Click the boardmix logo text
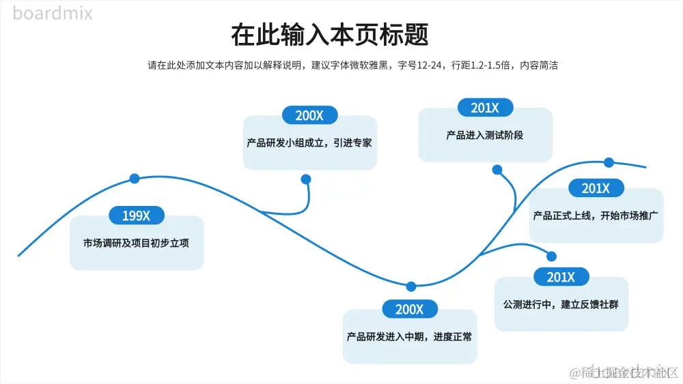53,13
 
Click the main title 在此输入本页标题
330,35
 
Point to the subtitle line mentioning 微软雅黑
353,65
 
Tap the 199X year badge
136,216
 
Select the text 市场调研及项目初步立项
136,243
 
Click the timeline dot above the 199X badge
135,179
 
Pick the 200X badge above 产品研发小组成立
309,115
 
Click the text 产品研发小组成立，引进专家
309,143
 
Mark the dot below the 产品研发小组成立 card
306,179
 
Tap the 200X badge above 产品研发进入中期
409,310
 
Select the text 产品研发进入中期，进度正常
409,336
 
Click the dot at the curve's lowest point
411,286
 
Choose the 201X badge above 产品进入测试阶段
485,108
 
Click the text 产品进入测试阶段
485,135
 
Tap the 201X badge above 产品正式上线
596,188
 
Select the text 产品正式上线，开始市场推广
596,216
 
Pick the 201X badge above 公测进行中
561,277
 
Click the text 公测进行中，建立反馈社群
561,304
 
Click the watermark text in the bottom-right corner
625,372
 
